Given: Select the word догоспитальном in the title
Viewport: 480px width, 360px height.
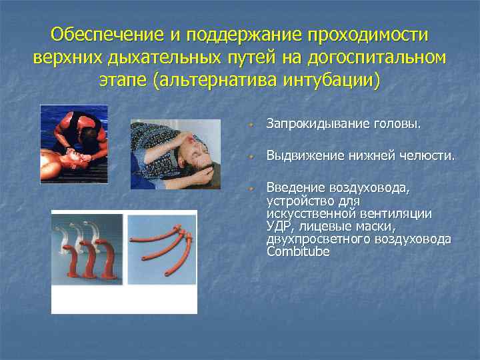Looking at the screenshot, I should (376, 57).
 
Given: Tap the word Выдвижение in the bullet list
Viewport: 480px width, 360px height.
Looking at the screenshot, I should (303, 156).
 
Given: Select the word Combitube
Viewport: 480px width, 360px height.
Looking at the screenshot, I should (297, 251).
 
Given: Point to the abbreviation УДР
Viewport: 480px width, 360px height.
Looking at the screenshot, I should (277, 227).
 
